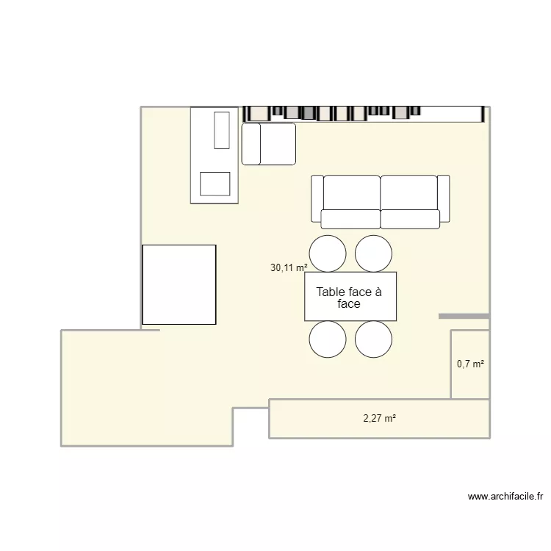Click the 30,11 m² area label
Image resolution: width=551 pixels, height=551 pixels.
[289, 268]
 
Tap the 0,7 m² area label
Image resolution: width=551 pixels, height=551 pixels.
[470, 364]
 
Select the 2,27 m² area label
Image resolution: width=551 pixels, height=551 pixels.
[379, 419]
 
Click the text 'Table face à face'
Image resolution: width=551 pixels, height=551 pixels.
[349, 298]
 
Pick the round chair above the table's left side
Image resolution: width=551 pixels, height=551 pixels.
[328, 253]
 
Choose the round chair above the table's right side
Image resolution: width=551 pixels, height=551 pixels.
[373, 253]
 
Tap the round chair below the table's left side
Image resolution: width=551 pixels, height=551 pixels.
[328, 339]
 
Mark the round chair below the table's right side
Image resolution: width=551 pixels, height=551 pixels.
[373, 339]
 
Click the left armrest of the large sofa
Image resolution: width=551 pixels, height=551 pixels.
[317, 198]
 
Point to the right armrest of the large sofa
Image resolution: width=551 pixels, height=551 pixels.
[444, 198]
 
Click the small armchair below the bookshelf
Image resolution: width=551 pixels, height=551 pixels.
[269, 143]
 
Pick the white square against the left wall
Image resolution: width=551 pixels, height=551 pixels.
[179, 284]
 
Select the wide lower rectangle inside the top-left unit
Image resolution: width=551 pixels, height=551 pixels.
[215, 184]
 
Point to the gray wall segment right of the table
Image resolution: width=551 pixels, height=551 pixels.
[464, 316]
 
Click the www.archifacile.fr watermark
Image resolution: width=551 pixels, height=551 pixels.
[505, 497]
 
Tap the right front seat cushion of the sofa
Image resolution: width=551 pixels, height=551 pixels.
[410, 219]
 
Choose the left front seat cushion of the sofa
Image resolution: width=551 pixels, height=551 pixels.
[350, 219]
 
